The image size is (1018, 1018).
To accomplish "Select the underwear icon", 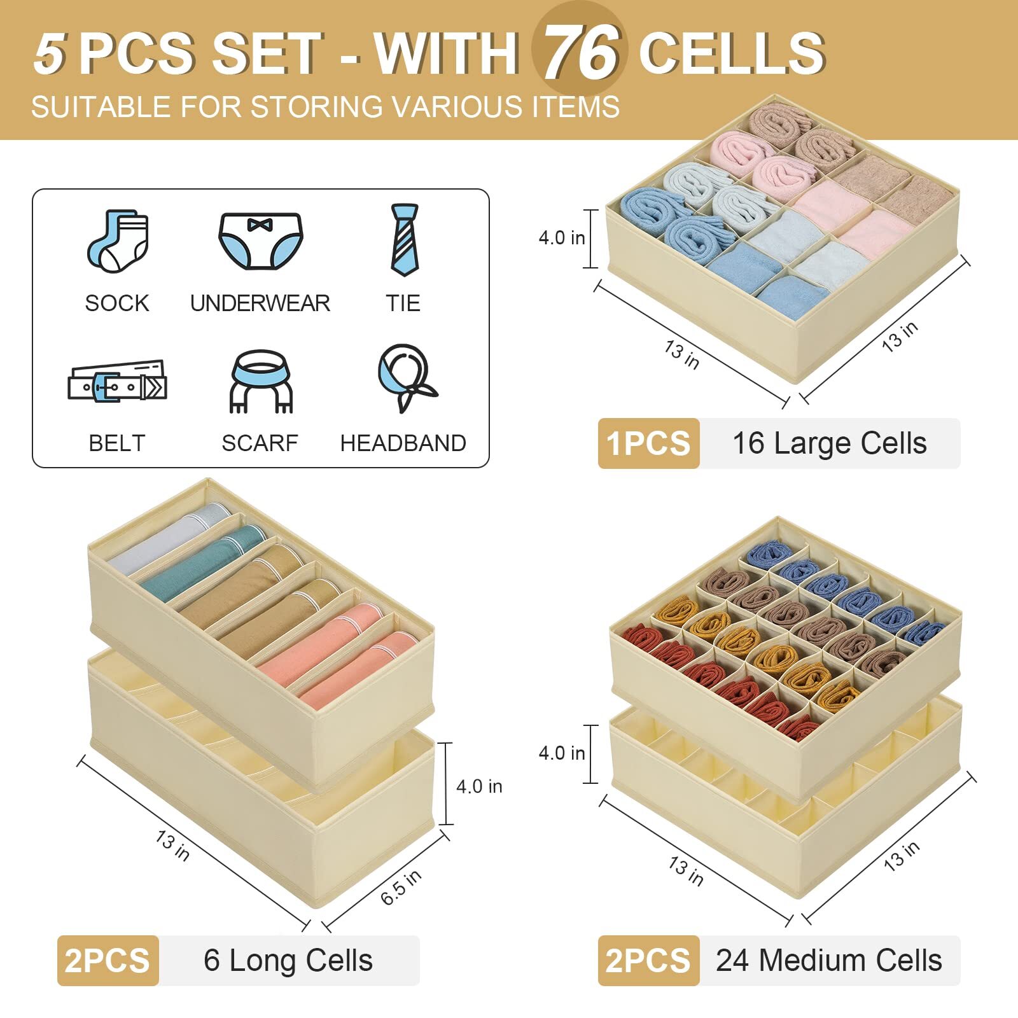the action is (260, 241).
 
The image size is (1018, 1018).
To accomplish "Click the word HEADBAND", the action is (403, 443).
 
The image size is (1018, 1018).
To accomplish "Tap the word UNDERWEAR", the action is (260, 303).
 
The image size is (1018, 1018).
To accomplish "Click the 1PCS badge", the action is (648, 443).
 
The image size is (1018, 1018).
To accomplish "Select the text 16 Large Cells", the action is (829, 443).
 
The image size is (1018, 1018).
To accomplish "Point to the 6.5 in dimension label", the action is (401, 887).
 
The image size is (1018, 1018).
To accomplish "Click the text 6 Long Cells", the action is (288, 961).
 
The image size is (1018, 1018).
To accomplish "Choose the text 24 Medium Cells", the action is (828, 961).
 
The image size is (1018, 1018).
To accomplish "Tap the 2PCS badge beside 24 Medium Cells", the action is (648, 961).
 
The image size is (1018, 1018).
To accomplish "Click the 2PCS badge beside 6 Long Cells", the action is (108, 961).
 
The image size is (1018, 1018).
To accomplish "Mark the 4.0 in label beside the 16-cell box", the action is (561, 238).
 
